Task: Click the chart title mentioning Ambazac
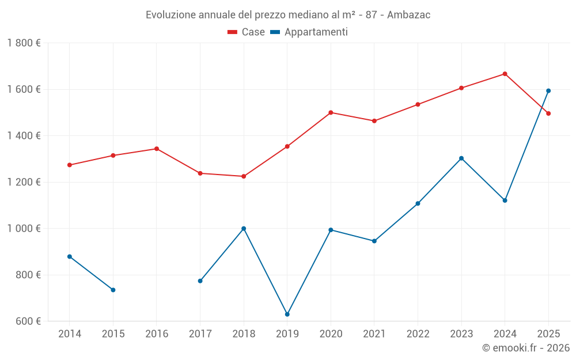(288, 14)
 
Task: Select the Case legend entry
(247, 32)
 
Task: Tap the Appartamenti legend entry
(309, 32)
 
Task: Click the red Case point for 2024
(505, 74)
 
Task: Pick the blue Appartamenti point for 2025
(548, 90)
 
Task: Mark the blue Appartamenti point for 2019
(287, 314)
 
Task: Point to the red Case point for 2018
(244, 176)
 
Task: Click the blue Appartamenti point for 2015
(113, 290)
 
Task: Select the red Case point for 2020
(331, 112)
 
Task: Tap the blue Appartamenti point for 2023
(461, 158)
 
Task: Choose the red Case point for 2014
(70, 165)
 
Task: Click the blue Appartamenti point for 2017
(200, 281)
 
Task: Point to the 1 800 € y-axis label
(24, 43)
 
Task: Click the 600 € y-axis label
(27, 321)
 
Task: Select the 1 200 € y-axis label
(24, 182)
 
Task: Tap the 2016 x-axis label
(157, 334)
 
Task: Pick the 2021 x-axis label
(374, 334)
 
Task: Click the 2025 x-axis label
(548, 334)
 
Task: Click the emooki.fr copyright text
(525, 348)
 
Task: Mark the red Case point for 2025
(548, 113)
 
